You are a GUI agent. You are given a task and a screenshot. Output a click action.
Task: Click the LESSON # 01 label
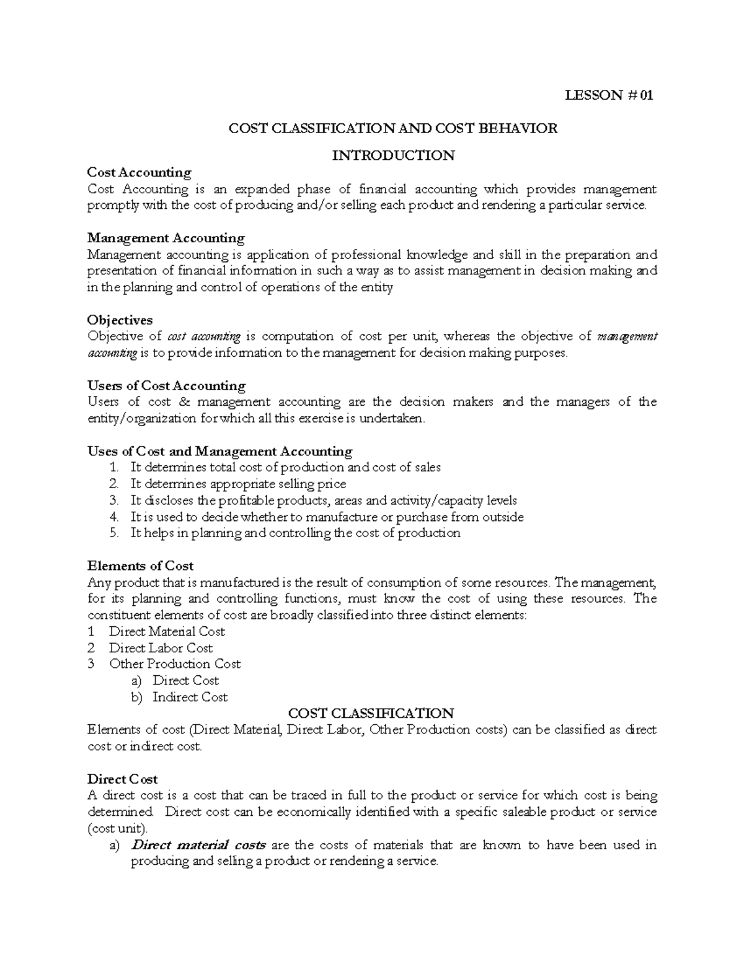pos(608,95)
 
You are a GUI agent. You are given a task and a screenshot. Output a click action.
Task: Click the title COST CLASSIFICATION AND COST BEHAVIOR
pos(393,128)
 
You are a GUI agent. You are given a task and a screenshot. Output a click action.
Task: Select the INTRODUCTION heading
pos(393,155)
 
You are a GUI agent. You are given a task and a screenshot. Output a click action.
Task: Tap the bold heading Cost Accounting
pos(139,172)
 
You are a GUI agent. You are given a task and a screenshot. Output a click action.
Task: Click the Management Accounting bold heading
pos(166,238)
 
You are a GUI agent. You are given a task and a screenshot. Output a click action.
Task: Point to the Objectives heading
pos(120,320)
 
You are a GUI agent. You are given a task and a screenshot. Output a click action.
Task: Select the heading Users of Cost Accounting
pos(167,385)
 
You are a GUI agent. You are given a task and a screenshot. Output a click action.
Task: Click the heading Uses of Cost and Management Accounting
pos(220,451)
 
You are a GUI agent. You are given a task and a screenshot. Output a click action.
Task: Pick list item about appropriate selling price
pos(238,484)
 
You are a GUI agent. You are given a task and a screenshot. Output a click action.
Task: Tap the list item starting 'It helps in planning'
pos(295,533)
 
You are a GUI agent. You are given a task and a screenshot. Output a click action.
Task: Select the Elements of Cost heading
pos(141,566)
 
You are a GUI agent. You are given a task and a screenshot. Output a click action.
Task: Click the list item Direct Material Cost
pos(167,631)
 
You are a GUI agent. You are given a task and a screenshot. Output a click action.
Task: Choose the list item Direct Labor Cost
pos(161,648)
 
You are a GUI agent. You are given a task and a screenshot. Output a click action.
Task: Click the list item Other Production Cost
pos(175,664)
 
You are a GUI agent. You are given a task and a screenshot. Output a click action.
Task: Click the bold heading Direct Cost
pos(123,779)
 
